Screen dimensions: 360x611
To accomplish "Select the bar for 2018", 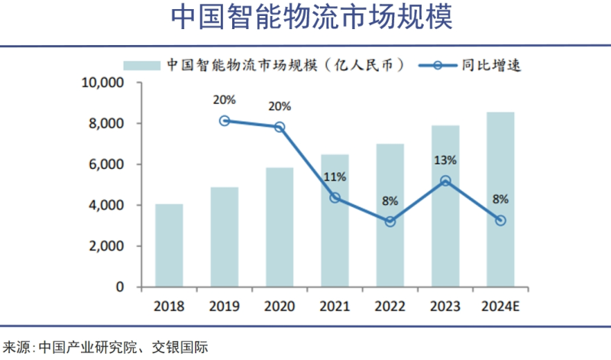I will pos(169,245).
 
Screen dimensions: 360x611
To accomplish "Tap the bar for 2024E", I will pos(500,200).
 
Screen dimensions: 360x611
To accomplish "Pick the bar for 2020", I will pos(280,228).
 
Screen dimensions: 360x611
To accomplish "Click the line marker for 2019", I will pos(225,121).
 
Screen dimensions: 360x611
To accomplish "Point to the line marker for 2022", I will pos(390,222).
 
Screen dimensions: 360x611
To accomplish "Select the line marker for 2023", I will pos(445,181).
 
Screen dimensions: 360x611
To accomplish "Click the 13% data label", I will pos(445,161).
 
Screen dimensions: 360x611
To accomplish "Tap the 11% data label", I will pos(335,177).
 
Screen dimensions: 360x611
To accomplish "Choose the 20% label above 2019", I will pos(225,99).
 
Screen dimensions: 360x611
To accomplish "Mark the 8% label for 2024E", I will pos(500,199).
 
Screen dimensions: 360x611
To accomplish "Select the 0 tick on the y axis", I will pos(120,287).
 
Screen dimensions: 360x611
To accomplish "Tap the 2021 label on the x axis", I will pos(335,306).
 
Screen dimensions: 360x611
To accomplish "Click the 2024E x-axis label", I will pos(500,306).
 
